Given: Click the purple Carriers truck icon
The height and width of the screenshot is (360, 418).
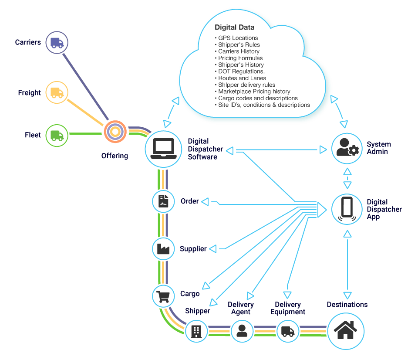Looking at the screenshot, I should [x=57, y=42].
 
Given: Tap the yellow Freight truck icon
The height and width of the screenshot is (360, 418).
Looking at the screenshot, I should [x=57, y=93].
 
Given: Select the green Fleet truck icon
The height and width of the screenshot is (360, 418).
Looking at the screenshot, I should [x=57, y=135].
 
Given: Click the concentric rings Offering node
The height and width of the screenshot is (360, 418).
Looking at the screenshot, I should [x=115, y=131].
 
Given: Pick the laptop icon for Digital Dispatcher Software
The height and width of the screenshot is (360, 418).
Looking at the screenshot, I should [x=162, y=149].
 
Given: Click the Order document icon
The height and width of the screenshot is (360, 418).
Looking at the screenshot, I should [x=163, y=201].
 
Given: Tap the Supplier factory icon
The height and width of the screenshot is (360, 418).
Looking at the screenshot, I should [x=163, y=249].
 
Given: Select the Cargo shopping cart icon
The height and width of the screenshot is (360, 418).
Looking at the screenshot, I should [x=163, y=296].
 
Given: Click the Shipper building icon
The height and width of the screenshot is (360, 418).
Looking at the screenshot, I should [x=196, y=331].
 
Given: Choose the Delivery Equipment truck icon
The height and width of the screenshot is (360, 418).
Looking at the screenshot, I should [x=288, y=331].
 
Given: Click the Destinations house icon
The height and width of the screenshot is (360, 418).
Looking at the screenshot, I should [x=346, y=330].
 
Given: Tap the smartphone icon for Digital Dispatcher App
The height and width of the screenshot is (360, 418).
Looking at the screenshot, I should [x=347, y=208].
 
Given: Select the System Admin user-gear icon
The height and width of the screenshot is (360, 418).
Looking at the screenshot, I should [x=347, y=148].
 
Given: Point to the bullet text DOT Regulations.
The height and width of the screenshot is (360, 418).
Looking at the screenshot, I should [x=242, y=71].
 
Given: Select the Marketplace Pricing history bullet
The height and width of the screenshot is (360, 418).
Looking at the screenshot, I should [x=254, y=92].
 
